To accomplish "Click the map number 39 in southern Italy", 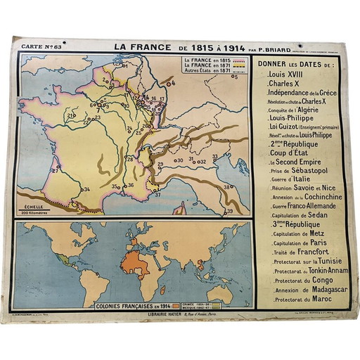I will click(229, 211).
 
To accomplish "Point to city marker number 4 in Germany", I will click(173, 82).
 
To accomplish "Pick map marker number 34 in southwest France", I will click(86, 189).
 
